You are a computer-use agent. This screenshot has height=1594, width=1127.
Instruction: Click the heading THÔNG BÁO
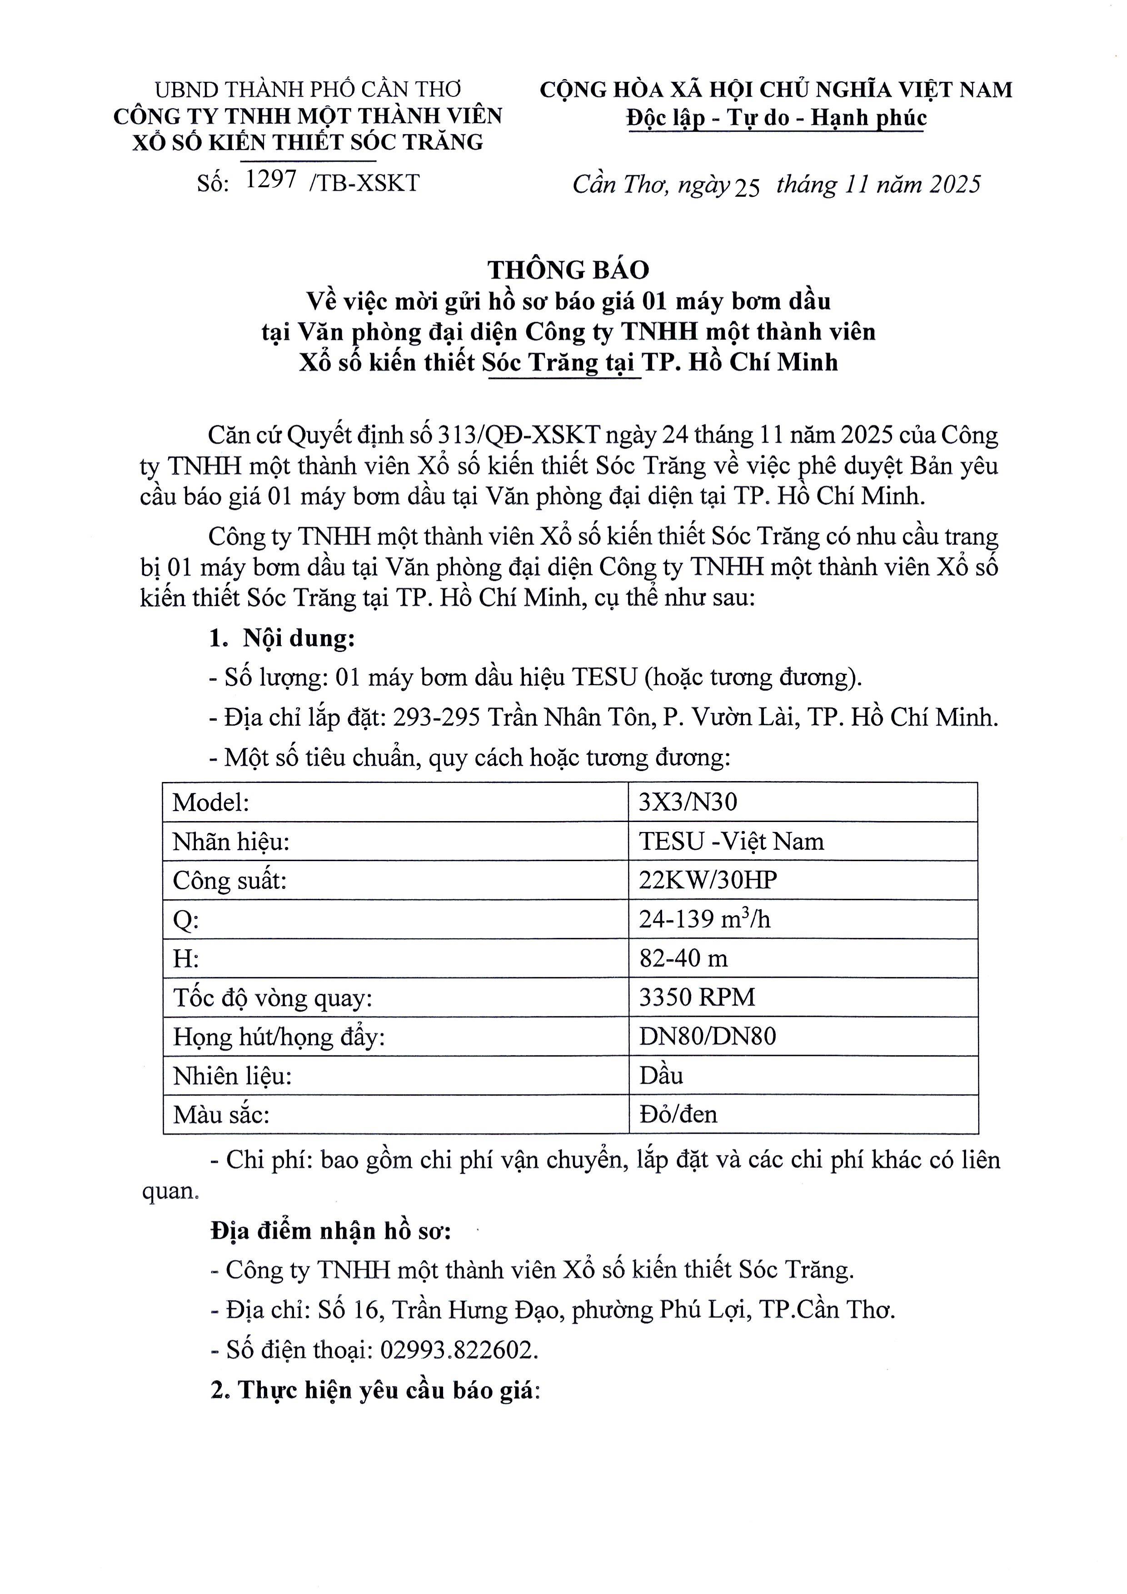click(568, 270)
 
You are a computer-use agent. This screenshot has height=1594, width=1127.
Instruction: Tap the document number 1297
click(271, 180)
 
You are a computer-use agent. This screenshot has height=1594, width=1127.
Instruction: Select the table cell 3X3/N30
click(688, 802)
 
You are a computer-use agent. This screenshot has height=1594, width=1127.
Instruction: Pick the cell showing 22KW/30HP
click(708, 880)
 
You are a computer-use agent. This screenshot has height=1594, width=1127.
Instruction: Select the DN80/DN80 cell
click(707, 1036)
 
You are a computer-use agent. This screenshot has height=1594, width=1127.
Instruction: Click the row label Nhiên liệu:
click(232, 1076)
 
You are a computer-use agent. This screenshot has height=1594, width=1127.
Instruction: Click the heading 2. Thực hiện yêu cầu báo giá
click(375, 1389)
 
